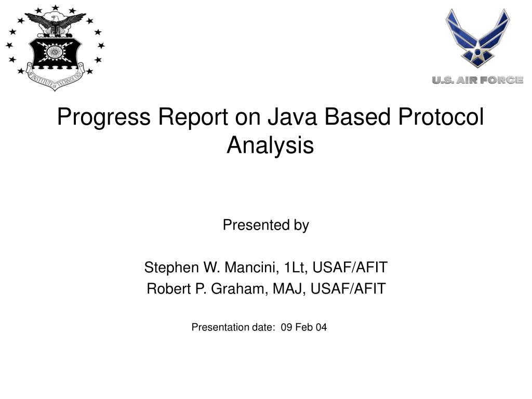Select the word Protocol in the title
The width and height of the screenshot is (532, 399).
441,117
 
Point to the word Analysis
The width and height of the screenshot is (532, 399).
270,146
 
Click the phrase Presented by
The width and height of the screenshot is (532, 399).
265,225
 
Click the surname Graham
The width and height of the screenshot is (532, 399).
239,289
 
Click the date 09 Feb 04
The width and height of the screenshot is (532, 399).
303,327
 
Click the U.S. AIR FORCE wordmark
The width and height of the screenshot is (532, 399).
478,80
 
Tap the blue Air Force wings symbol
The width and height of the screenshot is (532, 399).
478,38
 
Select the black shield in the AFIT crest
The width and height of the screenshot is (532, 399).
55,53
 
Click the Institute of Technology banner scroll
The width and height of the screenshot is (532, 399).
55,78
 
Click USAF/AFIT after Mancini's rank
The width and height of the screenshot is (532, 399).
350,268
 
